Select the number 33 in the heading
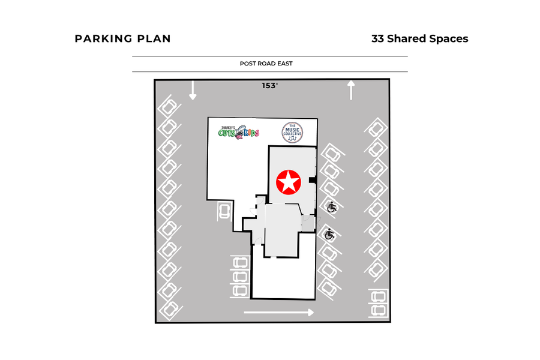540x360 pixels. pos(378,39)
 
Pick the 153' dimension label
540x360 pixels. pos(270,86)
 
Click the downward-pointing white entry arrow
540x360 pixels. pos(193,91)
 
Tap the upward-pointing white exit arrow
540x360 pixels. pos(351,91)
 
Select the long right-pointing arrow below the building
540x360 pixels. pos(278,312)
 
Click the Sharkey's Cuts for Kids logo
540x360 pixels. pos(239,131)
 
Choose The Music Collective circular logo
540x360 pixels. pos(292,133)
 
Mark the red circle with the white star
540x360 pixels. pos(288,182)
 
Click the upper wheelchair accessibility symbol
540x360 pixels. pos(332,208)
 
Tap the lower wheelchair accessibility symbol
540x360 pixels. pos(329,235)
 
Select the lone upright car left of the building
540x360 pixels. pos(224,211)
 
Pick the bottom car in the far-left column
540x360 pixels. pos(170,308)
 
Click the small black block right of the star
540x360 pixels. pos(312,180)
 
